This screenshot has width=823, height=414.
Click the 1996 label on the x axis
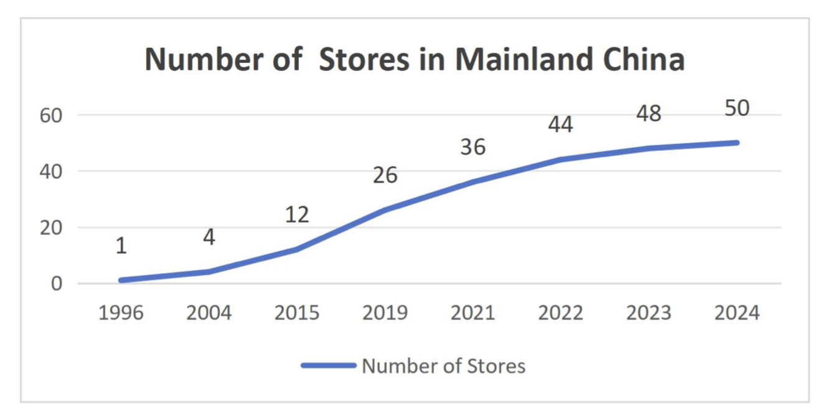coord(121,312)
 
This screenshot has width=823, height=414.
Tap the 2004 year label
coord(209,312)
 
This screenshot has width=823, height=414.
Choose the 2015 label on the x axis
coord(297,312)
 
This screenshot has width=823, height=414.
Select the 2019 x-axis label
coord(385,312)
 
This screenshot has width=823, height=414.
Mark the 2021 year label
coord(473,312)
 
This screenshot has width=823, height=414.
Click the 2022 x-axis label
coord(561,312)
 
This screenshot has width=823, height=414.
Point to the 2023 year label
coord(649,312)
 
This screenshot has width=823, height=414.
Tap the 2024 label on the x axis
coord(737,312)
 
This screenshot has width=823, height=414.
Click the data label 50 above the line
coord(737,108)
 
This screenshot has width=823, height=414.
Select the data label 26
coord(385,175)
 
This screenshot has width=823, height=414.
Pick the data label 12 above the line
coord(297,215)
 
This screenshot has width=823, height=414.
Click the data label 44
coord(561,125)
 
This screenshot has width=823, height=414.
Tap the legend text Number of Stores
coord(443,366)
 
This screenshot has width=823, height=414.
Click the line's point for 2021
coord(473,182)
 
